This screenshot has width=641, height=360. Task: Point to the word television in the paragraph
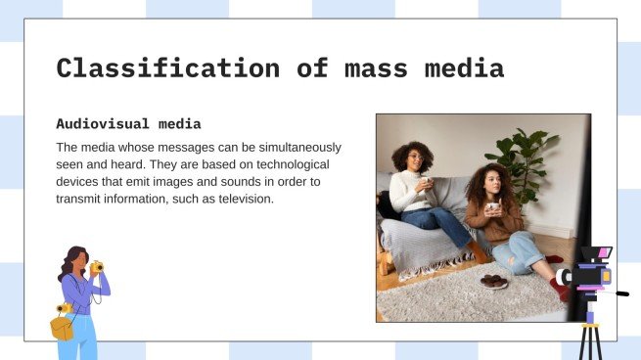click(240, 200)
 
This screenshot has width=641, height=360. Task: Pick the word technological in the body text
click(292, 165)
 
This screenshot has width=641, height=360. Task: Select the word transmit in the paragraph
click(81, 200)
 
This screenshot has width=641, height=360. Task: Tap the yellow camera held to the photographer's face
click(96, 266)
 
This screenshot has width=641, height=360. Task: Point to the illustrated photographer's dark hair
click(69, 261)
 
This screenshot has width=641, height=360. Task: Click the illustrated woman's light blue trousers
click(85, 337)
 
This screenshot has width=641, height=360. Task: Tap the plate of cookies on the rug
click(493, 281)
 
